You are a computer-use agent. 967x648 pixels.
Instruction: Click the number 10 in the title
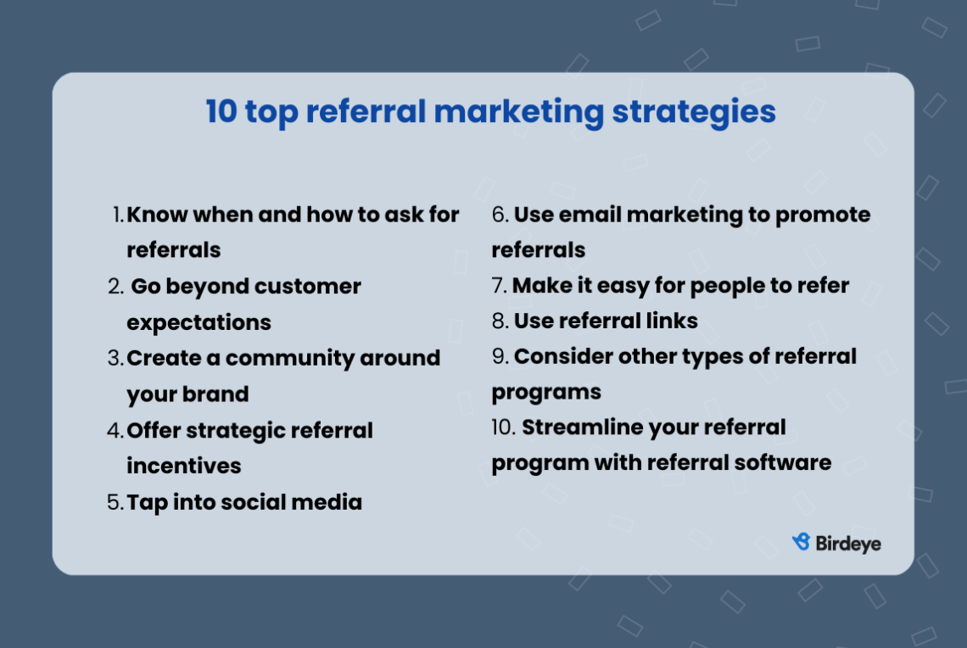pyautogui.click(x=221, y=112)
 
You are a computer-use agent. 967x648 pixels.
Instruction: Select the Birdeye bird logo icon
pyautogui.click(x=801, y=542)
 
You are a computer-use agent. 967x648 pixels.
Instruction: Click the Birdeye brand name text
pyautogui.click(x=847, y=543)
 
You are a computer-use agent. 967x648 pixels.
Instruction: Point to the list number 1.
pyautogui.click(x=118, y=215)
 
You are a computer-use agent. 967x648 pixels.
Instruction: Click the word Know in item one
pyautogui.click(x=157, y=215)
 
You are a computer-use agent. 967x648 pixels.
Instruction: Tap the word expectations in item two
pyautogui.click(x=198, y=322)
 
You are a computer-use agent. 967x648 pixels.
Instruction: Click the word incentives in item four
pyautogui.click(x=183, y=466)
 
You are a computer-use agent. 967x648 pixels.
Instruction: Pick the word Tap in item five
pyautogui.click(x=147, y=502)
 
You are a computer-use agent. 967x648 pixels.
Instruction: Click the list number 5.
pyautogui.click(x=115, y=502)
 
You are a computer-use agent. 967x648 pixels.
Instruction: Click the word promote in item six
pyautogui.click(x=822, y=215)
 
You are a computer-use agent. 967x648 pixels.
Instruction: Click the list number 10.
pyautogui.click(x=503, y=427)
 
